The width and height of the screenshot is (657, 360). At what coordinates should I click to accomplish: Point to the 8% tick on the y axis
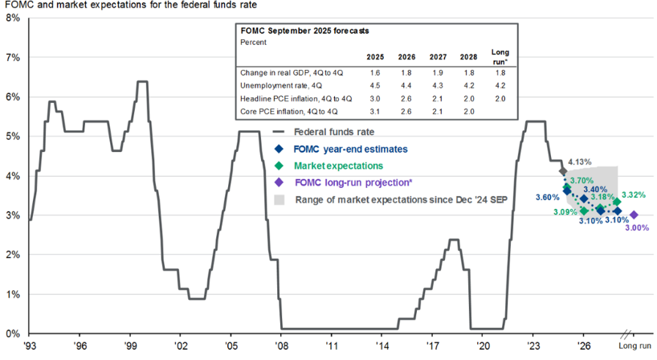point(13,18)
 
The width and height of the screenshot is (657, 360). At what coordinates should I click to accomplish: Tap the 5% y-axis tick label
point(13,136)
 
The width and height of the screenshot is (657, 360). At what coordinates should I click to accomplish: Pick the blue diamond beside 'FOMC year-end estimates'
point(279,149)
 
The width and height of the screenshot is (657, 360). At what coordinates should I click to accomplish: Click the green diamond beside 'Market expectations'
point(279,166)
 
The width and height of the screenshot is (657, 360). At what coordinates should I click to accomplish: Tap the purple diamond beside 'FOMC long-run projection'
point(279,182)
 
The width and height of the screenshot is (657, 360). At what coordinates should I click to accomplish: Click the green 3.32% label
point(634,194)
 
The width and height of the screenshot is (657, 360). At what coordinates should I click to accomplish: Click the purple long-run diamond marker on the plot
point(634,215)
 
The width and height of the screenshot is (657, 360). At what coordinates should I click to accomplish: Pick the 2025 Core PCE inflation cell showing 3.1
point(374,111)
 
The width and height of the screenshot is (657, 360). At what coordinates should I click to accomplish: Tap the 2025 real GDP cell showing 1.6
point(374,72)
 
